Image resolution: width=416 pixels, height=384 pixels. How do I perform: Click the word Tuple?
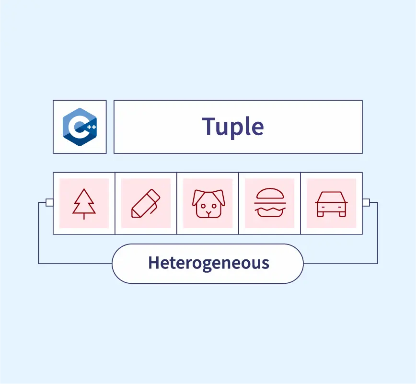pyautogui.click(x=233, y=127)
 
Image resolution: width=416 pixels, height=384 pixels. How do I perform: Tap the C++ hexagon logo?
pyautogui.click(x=80, y=127)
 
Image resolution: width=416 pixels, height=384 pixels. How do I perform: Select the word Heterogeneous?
pyautogui.click(x=208, y=263)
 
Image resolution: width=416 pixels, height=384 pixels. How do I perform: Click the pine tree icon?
pyautogui.click(x=84, y=203)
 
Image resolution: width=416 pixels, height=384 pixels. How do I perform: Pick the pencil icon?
pyautogui.click(x=146, y=203)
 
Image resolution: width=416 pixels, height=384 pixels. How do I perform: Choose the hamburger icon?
pyautogui.click(x=270, y=203)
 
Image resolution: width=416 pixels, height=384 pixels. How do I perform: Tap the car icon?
pyautogui.click(x=331, y=203)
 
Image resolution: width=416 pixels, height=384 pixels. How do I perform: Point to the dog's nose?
pyautogui.click(x=208, y=211)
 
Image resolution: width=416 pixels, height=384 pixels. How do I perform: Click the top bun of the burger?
pyautogui.click(x=270, y=193)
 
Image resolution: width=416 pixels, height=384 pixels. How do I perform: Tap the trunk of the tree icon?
pyautogui.click(x=84, y=216)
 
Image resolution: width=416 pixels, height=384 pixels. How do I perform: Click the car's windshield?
pyautogui.click(x=331, y=197)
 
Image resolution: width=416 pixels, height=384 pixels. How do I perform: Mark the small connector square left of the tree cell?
pyautogui.click(x=49, y=202)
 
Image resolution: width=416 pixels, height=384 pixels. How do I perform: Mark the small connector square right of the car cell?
pyautogui.click(x=366, y=202)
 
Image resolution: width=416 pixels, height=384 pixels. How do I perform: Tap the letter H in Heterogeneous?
pyautogui.click(x=153, y=263)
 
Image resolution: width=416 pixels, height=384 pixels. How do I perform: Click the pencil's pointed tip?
pyautogui.click(x=134, y=215)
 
